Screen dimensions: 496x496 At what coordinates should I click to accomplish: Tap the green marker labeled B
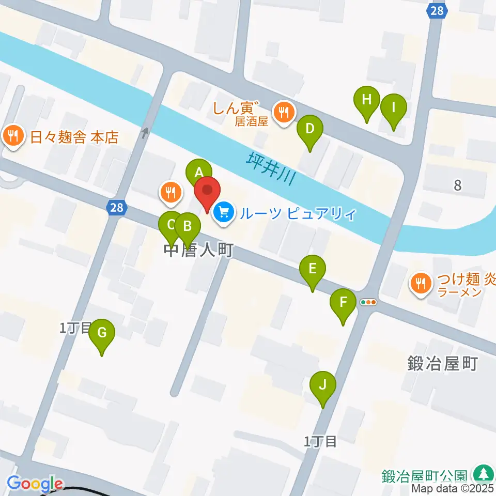188,226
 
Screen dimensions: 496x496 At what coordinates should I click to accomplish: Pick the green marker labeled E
313,269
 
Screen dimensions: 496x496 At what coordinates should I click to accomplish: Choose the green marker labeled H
367,100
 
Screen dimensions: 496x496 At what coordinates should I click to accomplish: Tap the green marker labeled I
394,108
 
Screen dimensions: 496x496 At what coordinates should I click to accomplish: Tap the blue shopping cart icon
224,211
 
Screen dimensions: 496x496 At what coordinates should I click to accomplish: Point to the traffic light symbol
369,302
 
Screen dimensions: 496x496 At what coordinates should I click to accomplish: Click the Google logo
35,484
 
